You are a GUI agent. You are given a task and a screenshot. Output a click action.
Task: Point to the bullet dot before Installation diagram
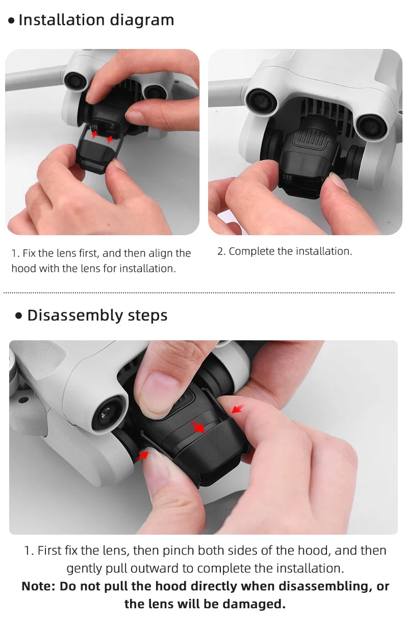coord(11,21)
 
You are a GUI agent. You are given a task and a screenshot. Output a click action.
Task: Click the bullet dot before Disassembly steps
coord(19,316)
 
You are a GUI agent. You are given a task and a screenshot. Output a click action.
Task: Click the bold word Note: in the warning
coord(38,586)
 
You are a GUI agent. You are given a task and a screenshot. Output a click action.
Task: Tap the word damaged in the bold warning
coord(258,604)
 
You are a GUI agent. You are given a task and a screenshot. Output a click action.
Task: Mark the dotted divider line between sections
coord(199,293)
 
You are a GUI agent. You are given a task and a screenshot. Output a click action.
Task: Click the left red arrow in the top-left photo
coord(94,134)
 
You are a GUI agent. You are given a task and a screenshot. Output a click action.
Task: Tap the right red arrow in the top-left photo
coord(110,139)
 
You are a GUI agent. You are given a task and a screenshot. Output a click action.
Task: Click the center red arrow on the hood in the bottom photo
coord(198,427)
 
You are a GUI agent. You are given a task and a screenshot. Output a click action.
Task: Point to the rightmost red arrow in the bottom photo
coord(236,409)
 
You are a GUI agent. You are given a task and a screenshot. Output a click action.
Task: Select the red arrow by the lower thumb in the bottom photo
coord(141,455)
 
